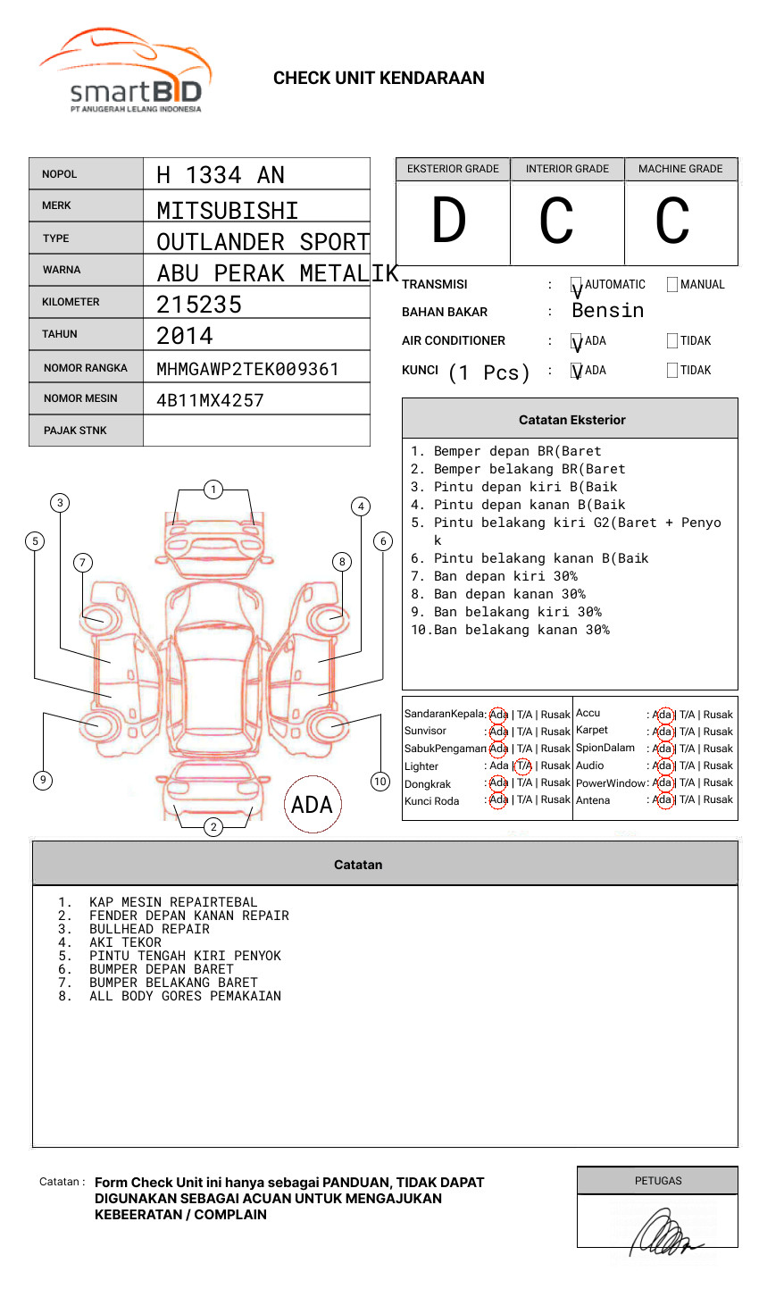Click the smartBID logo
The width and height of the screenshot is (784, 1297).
[x=125, y=70]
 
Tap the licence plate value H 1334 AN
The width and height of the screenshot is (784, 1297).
[x=220, y=175]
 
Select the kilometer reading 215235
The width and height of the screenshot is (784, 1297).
[x=198, y=305]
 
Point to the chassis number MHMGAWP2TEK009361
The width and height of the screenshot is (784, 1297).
[x=247, y=369]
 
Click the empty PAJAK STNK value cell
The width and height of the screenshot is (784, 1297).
[x=256, y=431]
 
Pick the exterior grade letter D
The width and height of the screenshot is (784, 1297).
[x=449, y=220]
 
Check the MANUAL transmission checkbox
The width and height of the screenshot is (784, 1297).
[x=672, y=284]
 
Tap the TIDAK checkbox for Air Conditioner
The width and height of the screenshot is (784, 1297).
[x=672, y=340]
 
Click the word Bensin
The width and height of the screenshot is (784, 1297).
[x=607, y=310]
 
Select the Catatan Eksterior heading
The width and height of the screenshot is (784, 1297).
[x=572, y=420]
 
